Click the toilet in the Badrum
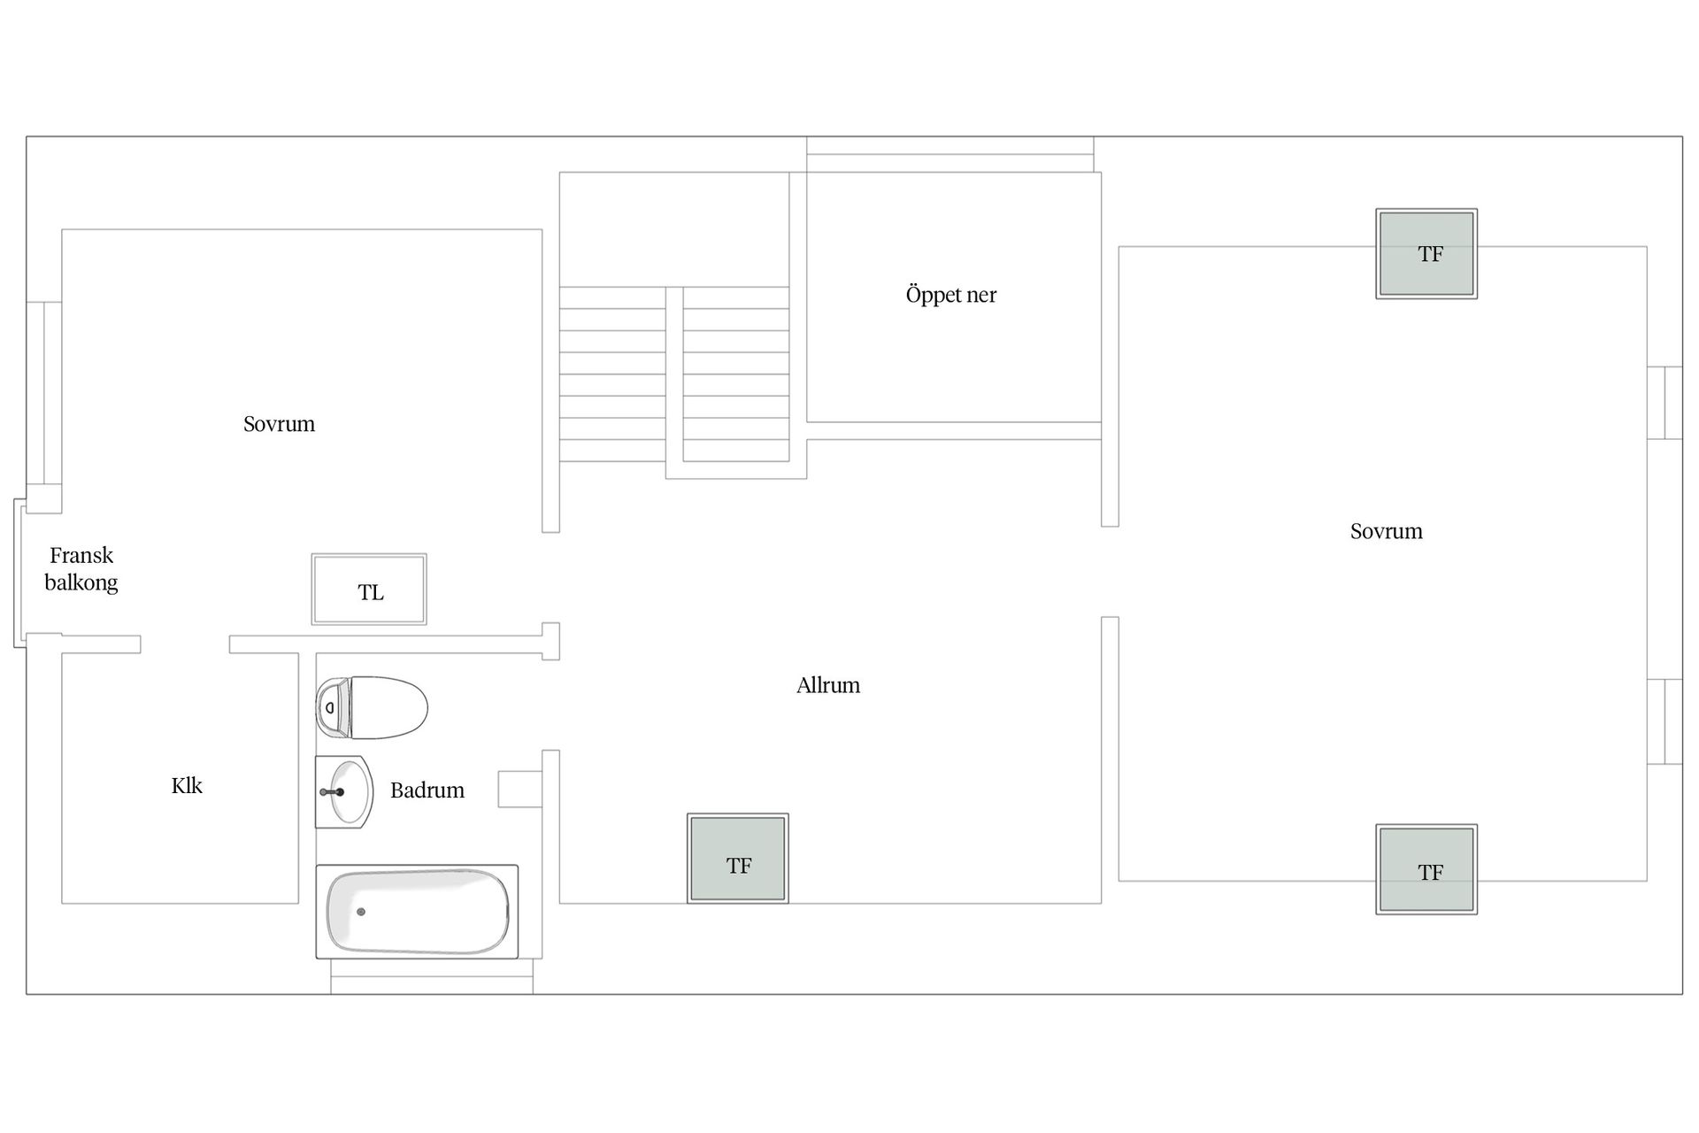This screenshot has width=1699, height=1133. click(x=372, y=707)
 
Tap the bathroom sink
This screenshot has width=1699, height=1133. click(x=344, y=791)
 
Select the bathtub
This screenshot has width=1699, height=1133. click(x=417, y=912)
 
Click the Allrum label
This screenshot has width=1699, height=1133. click(x=828, y=685)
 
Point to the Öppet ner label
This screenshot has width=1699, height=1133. click(x=951, y=295)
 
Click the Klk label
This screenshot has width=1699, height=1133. click(x=187, y=786)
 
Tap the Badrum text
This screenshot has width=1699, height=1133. click(x=427, y=790)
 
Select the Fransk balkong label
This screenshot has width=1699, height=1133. click(x=81, y=569)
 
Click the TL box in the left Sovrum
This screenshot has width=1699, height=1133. click(x=369, y=590)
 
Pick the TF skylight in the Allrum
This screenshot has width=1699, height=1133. click(x=738, y=859)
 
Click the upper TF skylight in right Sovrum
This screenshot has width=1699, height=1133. click(x=1426, y=254)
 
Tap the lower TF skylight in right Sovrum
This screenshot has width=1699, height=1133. click(x=1426, y=869)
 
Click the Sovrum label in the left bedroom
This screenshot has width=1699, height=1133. click(x=280, y=424)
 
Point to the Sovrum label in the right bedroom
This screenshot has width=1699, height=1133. click(x=1387, y=531)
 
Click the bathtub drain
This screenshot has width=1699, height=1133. click(x=361, y=912)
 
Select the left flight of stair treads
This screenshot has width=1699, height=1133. click(x=612, y=374)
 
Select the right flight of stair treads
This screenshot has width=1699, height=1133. click(x=736, y=374)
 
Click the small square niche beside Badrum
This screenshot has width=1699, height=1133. click(x=520, y=789)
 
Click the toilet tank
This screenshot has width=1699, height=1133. click(x=333, y=708)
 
